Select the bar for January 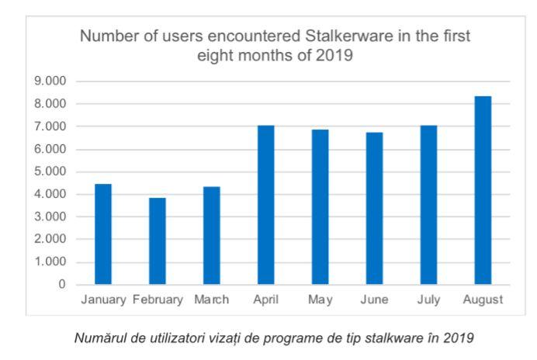click(x=104, y=234)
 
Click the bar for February click(x=158, y=241)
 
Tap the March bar click(x=212, y=236)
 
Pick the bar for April click(x=265, y=205)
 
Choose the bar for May click(x=320, y=207)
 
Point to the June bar click(x=374, y=209)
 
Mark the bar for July click(x=428, y=205)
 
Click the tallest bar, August click(x=483, y=190)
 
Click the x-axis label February click(x=158, y=300)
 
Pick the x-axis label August click(x=483, y=300)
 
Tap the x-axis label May click(x=320, y=300)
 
